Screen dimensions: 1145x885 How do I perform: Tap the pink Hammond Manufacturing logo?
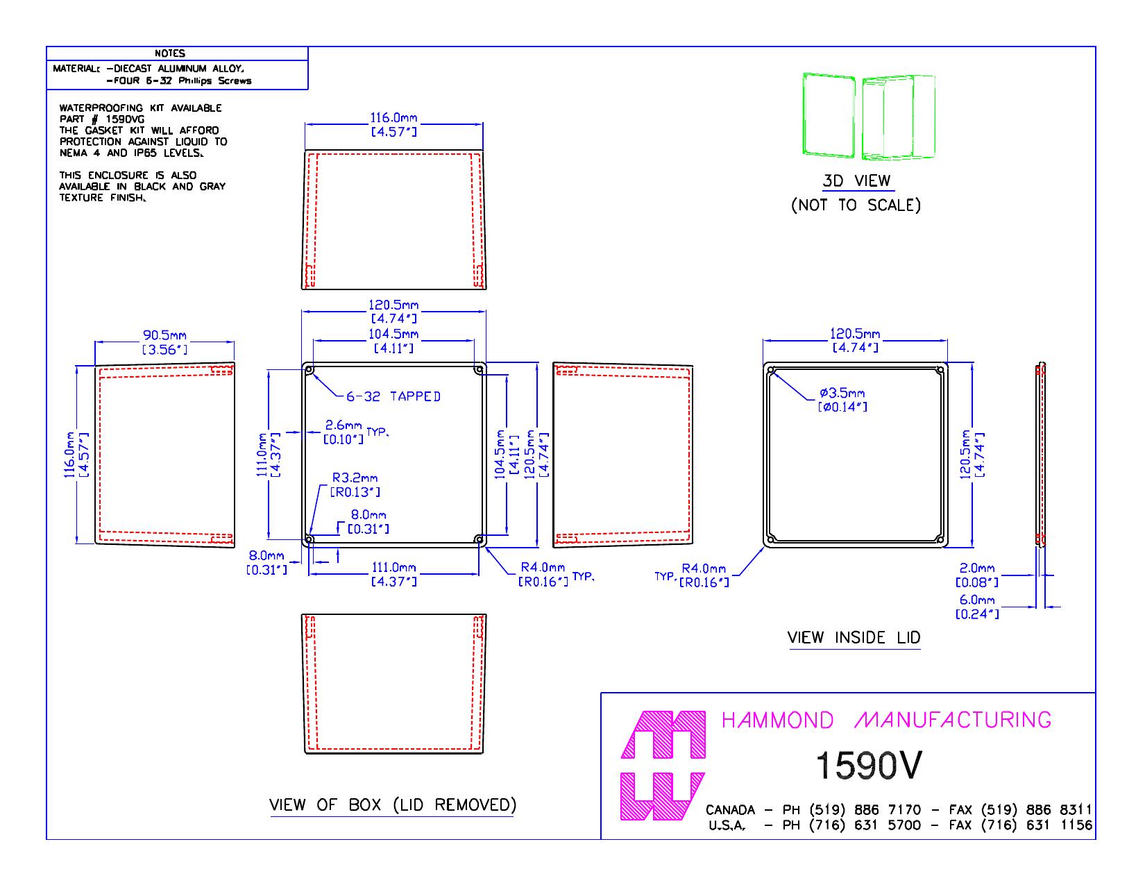[x=663, y=766]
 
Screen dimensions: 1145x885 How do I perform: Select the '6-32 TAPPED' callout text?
[x=393, y=396]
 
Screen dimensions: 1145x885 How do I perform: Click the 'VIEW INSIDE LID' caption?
[x=854, y=637]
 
